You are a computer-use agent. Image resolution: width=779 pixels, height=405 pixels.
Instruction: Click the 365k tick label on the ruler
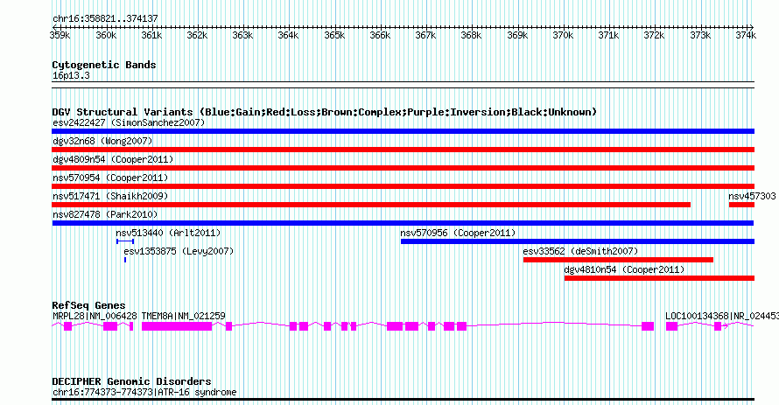click(334, 35)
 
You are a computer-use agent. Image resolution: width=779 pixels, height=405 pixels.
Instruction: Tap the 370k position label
click(563, 35)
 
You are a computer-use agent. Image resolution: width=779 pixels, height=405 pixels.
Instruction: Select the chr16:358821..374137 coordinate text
click(105, 19)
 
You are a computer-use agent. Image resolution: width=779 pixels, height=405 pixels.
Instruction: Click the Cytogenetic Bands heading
click(104, 65)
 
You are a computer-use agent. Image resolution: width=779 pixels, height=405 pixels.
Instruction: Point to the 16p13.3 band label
click(71, 75)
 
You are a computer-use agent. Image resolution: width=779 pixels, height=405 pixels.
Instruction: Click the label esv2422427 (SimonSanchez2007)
click(129, 122)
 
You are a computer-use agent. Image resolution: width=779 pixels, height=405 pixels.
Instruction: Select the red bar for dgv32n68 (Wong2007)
click(403, 150)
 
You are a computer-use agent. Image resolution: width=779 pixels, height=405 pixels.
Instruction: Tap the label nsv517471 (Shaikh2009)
click(110, 196)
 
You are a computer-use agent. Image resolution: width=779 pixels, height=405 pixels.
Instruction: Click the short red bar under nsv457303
click(741, 205)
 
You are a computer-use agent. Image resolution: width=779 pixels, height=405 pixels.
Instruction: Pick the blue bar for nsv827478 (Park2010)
click(403, 223)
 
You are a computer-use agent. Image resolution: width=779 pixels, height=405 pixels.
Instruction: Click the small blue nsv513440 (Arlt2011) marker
click(125, 241)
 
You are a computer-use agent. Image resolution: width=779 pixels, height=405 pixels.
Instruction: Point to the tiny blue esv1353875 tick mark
click(125, 260)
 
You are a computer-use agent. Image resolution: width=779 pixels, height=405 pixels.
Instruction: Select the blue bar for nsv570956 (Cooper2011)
click(578, 241)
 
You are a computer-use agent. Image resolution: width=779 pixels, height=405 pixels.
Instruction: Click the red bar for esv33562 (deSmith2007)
click(618, 260)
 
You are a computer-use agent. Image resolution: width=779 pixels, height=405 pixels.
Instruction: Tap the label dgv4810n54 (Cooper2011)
click(624, 269)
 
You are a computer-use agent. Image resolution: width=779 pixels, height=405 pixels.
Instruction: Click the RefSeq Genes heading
click(88, 305)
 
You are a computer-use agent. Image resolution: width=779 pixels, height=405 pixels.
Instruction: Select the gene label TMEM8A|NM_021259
click(183, 316)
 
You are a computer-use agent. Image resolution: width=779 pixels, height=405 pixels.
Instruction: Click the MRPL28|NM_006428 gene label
click(95, 316)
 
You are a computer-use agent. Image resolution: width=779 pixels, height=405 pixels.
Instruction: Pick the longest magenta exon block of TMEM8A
click(177, 326)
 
